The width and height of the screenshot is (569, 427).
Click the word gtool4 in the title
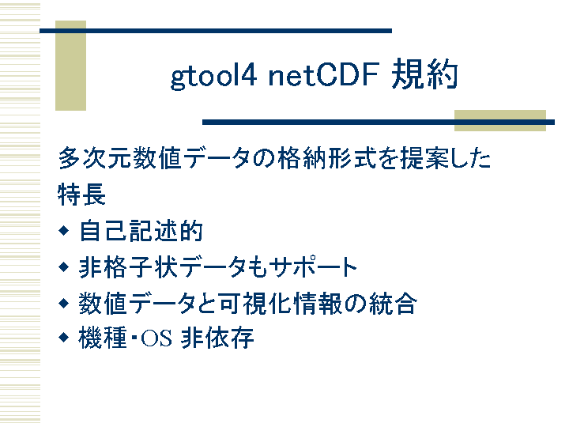213,76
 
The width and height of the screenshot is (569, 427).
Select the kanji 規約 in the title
424,74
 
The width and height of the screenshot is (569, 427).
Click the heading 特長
81,195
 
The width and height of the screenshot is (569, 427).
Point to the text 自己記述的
141,231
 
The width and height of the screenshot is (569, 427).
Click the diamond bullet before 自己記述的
63,231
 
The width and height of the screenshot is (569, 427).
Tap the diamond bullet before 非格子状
63,267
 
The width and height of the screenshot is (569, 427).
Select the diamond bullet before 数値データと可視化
63,303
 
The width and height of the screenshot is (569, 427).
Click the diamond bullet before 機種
63,338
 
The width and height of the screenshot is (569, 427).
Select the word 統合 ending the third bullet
393,303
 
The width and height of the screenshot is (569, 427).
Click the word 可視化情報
281,303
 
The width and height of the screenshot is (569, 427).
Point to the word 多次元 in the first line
94,158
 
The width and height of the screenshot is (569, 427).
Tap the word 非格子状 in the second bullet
129,267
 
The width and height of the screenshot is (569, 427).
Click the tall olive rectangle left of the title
71,66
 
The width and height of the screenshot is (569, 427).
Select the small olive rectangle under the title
500,120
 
